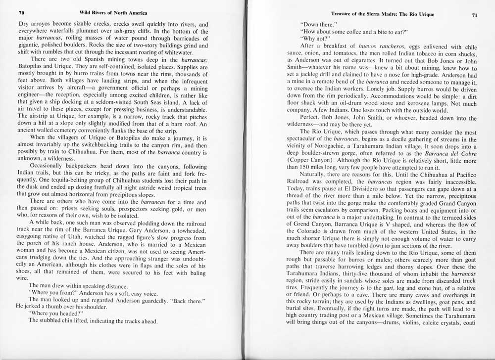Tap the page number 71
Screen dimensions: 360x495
pyautogui.click(x=474, y=14)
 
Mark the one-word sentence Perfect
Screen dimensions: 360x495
pyautogui.click(x=311, y=119)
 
